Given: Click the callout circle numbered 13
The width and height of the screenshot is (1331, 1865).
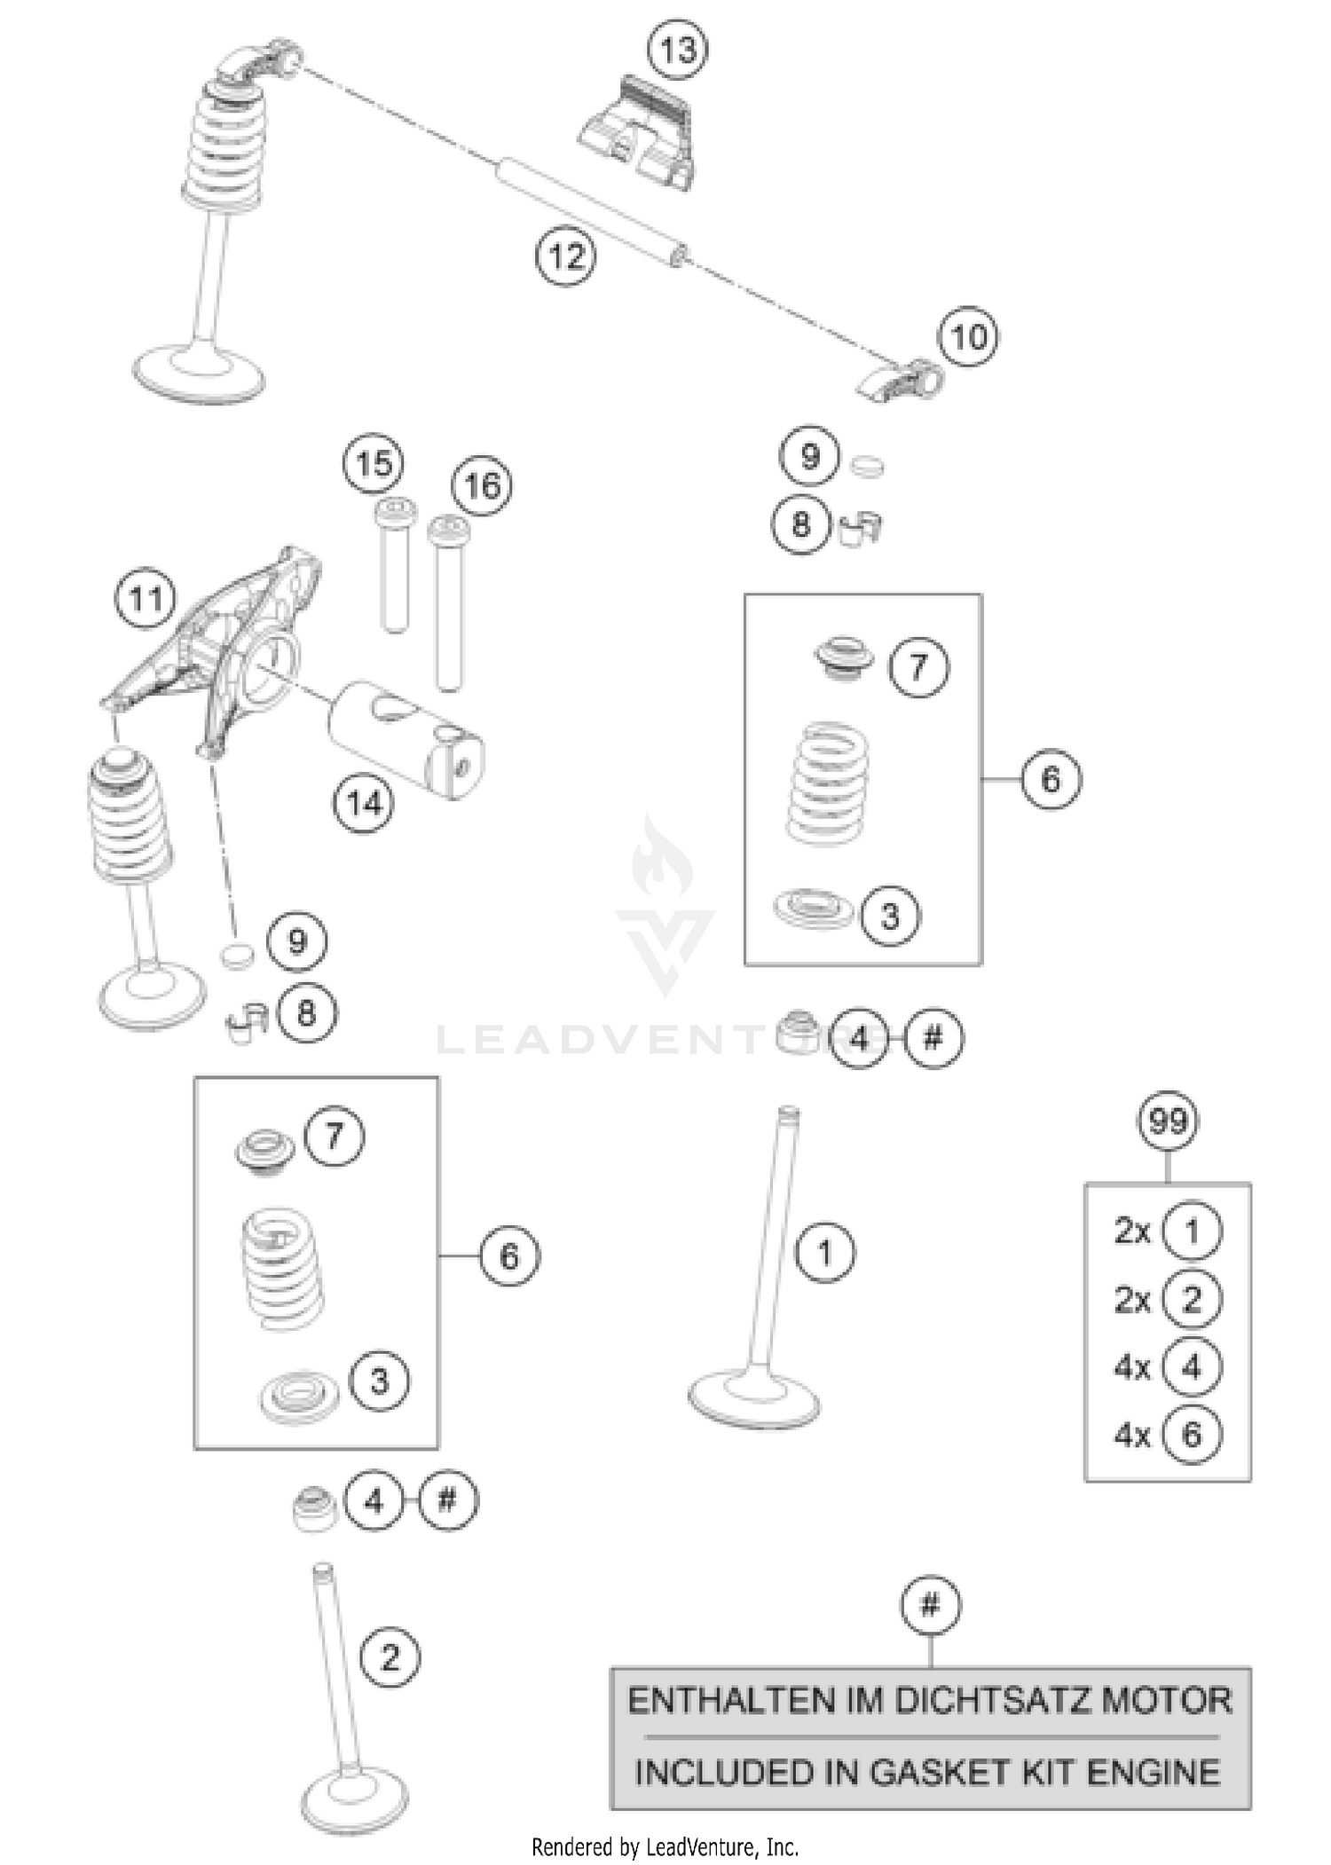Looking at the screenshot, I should click(x=678, y=50).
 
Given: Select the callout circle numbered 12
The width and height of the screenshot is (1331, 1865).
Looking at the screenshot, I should click(x=565, y=257).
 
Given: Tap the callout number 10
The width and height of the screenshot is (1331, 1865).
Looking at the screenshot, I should click(x=968, y=337).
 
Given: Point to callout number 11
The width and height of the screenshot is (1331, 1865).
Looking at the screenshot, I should click(x=146, y=600).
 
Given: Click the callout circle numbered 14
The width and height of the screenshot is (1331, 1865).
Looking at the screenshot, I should click(x=364, y=804).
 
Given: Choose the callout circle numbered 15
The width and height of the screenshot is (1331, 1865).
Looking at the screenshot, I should click(x=374, y=464).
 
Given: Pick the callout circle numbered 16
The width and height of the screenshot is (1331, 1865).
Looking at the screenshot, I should click(x=482, y=486).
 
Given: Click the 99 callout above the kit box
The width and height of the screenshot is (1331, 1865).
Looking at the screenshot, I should click(x=1167, y=1121).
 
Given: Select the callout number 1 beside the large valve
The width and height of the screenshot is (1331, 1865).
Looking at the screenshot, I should click(x=825, y=1254).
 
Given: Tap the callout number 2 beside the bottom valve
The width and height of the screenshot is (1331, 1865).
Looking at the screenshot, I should click(x=390, y=1657).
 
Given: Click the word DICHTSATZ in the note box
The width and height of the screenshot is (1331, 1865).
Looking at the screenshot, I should click(x=992, y=1701).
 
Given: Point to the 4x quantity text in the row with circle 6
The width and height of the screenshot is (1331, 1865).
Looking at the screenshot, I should click(x=1132, y=1435).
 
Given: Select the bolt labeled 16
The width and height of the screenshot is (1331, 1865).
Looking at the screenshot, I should click(x=449, y=603).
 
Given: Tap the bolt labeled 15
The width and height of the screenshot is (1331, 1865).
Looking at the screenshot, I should click(x=394, y=568).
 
